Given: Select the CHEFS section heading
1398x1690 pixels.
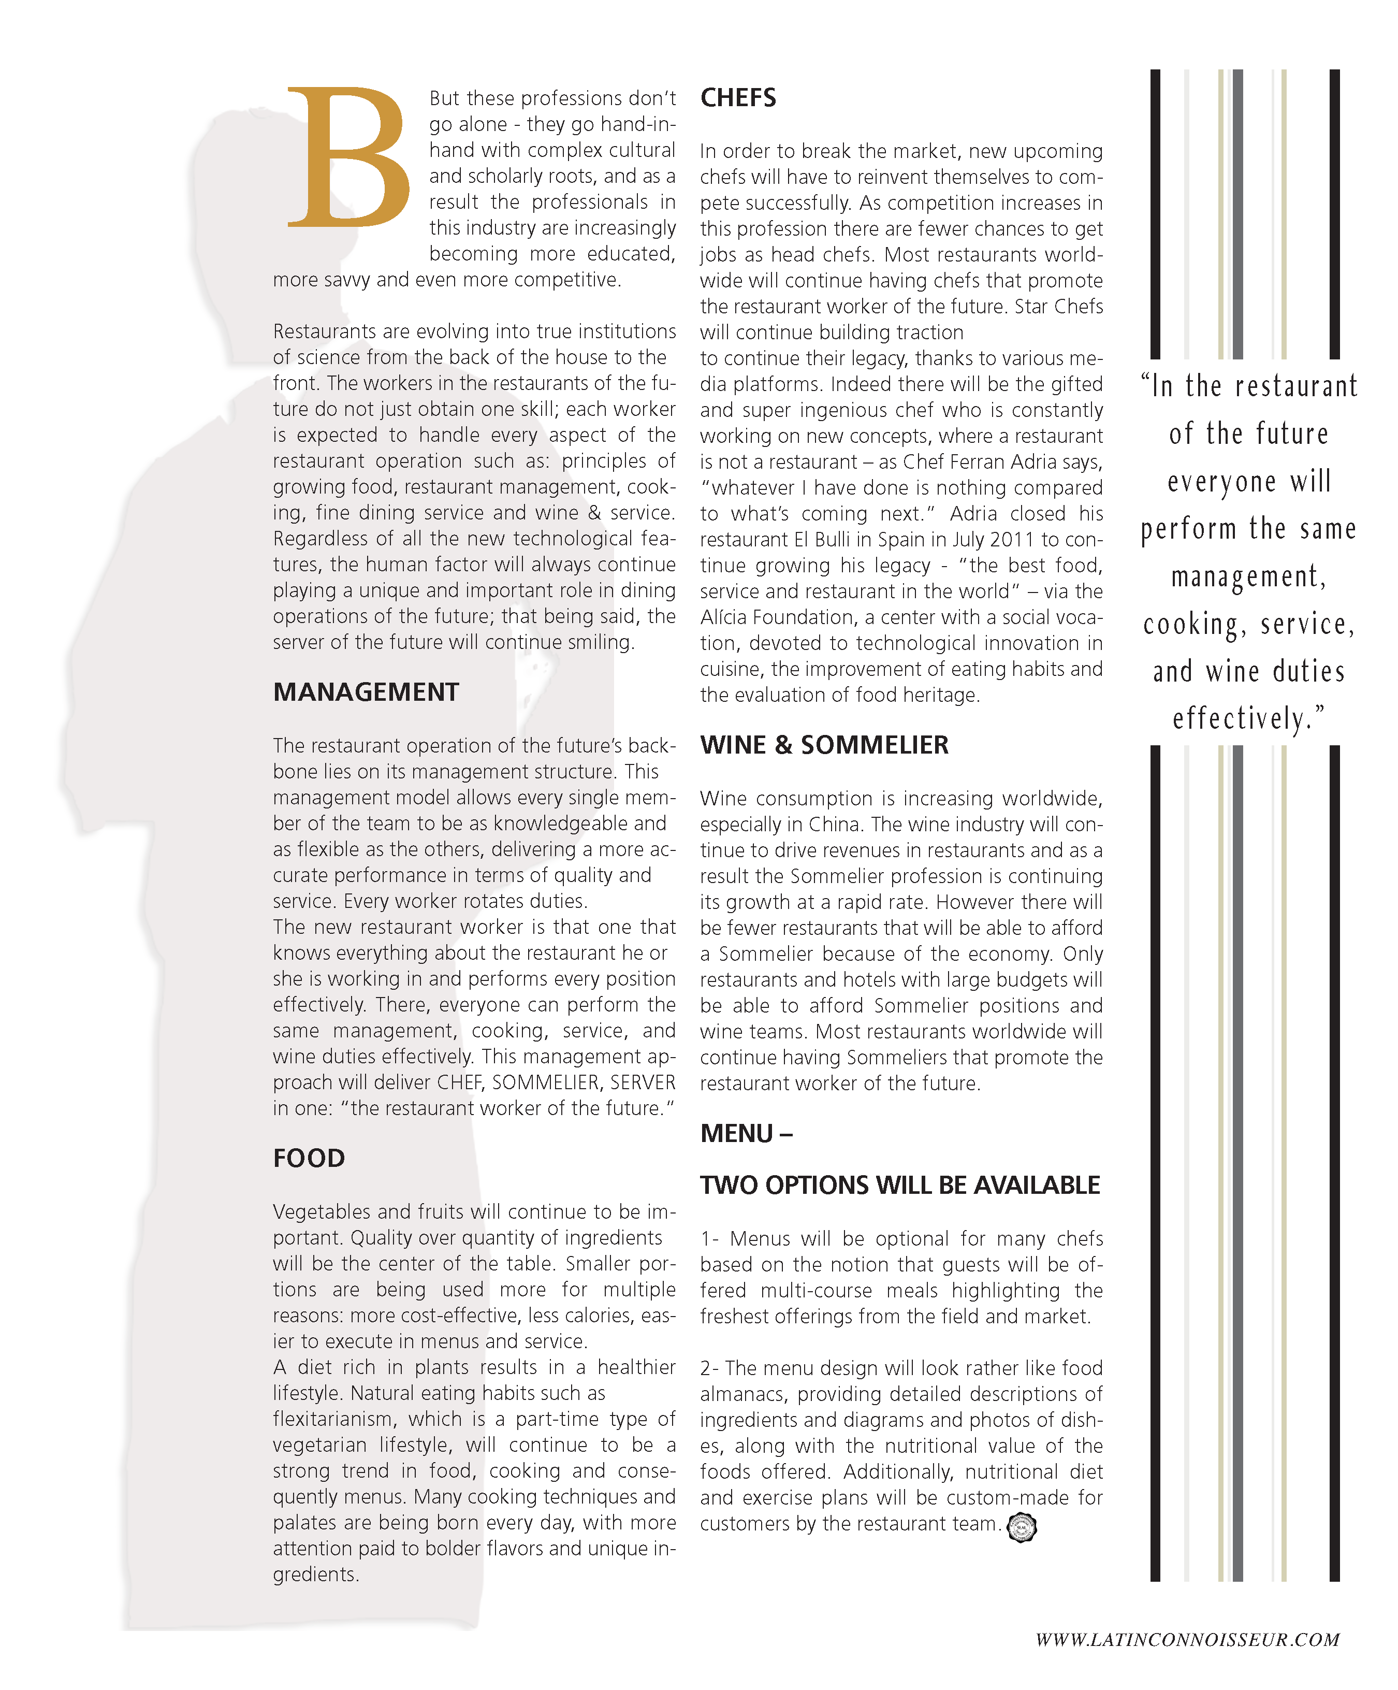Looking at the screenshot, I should coord(738,98).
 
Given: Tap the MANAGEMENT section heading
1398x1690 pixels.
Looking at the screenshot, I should coord(366,692).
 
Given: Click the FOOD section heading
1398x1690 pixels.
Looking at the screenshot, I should coord(309,1158).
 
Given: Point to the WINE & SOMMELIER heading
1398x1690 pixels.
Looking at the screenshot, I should coord(824,745).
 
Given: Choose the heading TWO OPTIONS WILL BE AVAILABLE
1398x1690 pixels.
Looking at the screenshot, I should coord(899,1186).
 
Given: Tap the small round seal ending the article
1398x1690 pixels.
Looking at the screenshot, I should coord(1022,1527).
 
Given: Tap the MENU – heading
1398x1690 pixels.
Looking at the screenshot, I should coord(746,1134).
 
